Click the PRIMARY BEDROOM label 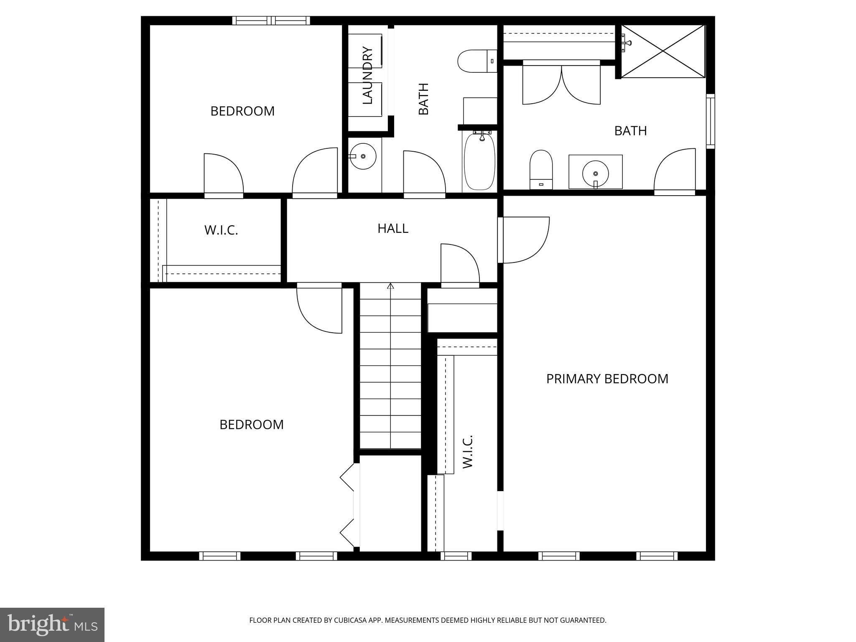[x=607, y=379]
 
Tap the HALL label [x=392, y=228]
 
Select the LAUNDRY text [x=367, y=76]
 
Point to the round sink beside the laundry [x=363, y=156]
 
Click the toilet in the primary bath [x=541, y=169]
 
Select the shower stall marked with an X [x=663, y=51]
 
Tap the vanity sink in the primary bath [x=595, y=172]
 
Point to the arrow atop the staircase [x=390, y=286]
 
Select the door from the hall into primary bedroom [x=525, y=240]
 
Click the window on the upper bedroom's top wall [x=271, y=20]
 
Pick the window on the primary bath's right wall [x=710, y=121]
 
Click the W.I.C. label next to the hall [x=221, y=230]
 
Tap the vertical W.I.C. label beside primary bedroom [x=467, y=451]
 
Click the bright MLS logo [x=52, y=624]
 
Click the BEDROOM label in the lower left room [x=251, y=425]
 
